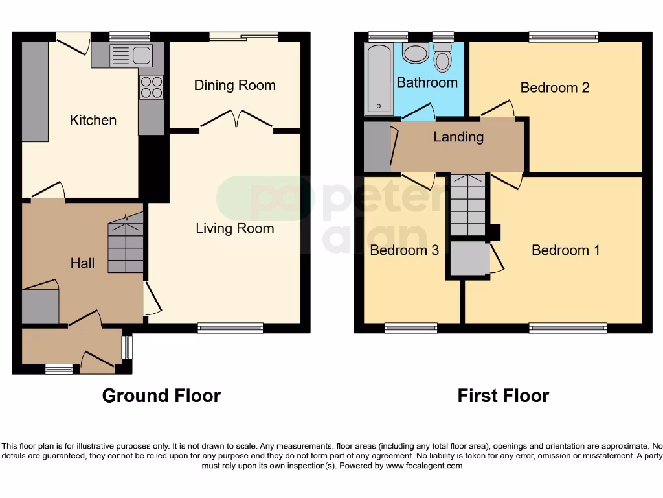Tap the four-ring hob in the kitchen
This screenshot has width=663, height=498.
coord(151,87)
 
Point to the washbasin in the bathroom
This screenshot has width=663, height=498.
coord(414,53)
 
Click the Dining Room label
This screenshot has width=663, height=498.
coord(234,86)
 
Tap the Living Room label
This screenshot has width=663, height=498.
coord(234,228)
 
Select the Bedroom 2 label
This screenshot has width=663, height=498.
coord(555,88)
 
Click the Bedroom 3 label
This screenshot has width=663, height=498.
coord(404,250)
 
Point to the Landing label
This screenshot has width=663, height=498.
coord(458,137)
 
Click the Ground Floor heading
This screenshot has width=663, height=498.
coord(161,396)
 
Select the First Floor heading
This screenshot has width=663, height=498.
coord(503,396)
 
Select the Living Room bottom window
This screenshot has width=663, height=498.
coord(230,328)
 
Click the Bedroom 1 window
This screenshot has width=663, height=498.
coord(568,328)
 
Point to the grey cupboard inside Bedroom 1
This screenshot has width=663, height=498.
coord(470,259)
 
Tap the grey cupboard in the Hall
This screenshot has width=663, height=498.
coord(40,305)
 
